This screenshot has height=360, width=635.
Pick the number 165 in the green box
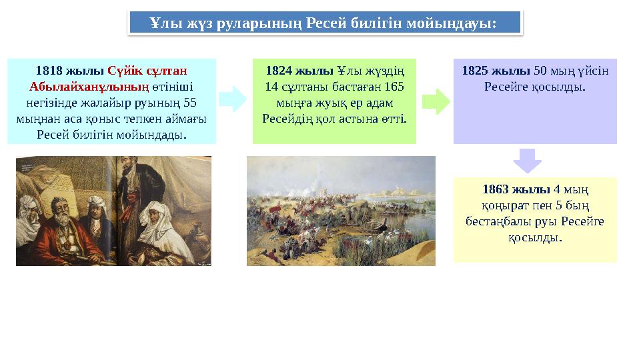[x=390, y=87]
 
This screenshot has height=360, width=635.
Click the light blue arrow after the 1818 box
[x=232, y=99]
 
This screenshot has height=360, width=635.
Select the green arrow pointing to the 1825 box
[x=436, y=101]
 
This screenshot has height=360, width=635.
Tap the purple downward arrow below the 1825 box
[x=528, y=160]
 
